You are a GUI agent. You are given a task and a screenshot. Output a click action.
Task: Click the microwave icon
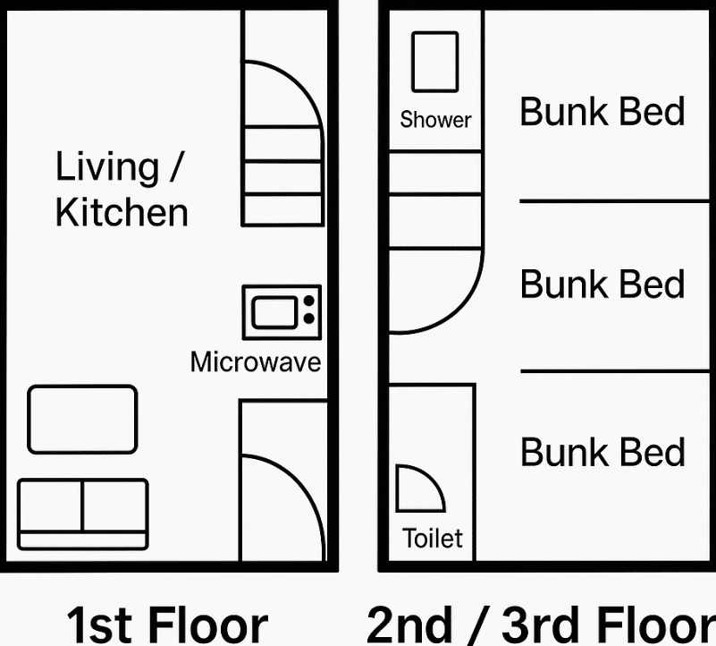(282, 313)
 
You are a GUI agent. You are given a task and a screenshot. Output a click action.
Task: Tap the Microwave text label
(256, 362)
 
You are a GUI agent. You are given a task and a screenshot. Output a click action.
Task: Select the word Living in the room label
(107, 167)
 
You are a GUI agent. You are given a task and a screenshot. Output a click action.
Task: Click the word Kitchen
(122, 213)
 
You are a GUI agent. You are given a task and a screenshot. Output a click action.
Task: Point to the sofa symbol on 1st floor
(82, 514)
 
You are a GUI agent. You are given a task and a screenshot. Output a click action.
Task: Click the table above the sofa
(82, 420)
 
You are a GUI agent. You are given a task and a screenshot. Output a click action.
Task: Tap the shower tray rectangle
(434, 62)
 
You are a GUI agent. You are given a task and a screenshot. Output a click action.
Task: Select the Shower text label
(435, 120)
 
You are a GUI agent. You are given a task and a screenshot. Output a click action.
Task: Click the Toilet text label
(433, 538)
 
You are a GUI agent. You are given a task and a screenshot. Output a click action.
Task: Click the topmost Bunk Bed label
(602, 112)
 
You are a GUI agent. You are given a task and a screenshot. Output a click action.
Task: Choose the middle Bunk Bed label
(602, 284)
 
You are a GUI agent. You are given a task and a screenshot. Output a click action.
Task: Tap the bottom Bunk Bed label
(602, 452)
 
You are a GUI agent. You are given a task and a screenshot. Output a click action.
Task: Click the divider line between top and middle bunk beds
(614, 201)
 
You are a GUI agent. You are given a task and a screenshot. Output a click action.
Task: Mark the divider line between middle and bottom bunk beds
(615, 371)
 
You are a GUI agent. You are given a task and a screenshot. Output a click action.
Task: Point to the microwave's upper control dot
(309, 301)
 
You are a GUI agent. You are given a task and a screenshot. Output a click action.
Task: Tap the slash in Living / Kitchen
(176, 167)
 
